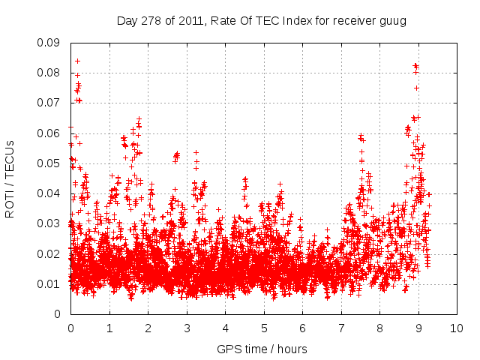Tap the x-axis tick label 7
[x=341, y=328]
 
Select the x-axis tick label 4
[x=225, y=328]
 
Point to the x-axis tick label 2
[x=148, y=328]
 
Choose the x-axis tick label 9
[x=418, y=328]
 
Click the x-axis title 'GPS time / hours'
[x=262, y=349]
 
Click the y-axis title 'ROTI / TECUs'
[x=10, y=178]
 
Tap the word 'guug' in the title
[x=393, y=21]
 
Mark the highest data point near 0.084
[x=77, y=61]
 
